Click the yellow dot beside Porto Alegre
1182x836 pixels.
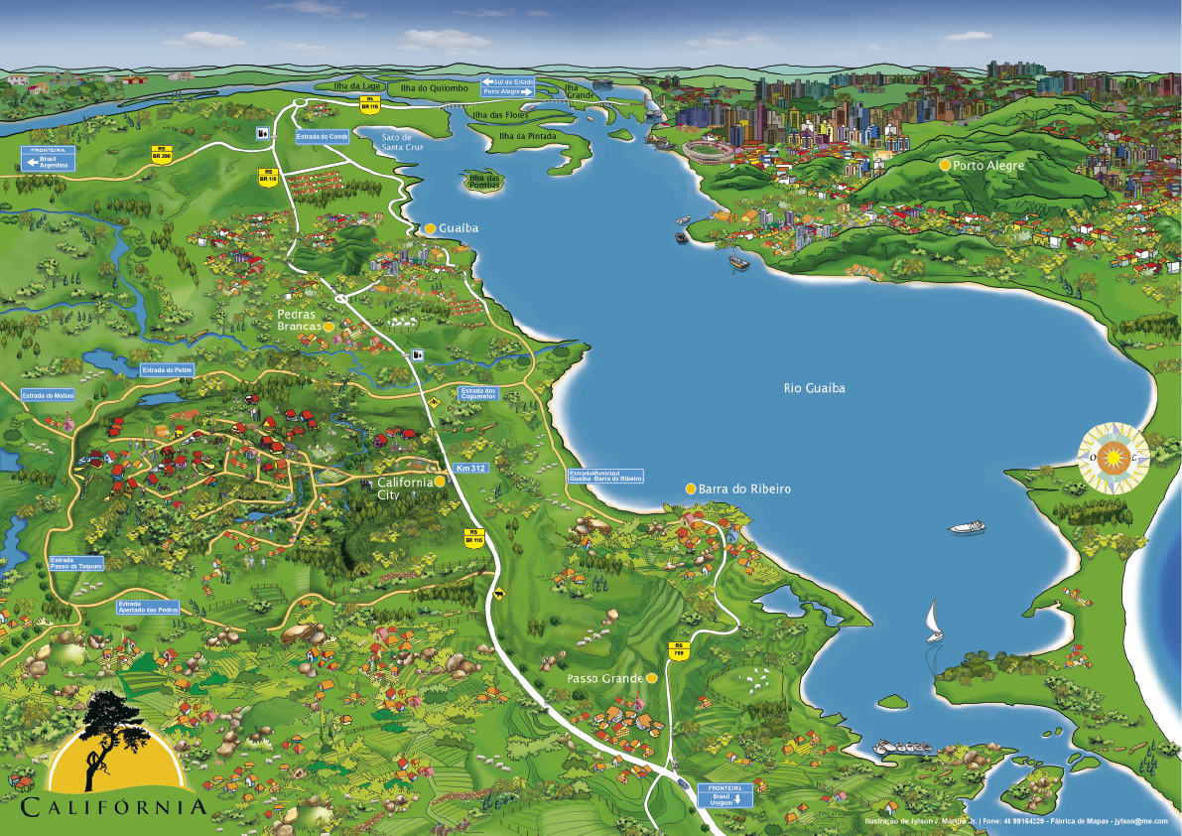pos(945,165)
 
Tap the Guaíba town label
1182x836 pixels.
pos(458,228)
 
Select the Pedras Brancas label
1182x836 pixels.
pos(299,319)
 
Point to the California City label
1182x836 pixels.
pos(405,487)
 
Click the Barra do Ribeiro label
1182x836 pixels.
pos(744,489)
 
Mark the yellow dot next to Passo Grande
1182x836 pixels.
pos(651,678)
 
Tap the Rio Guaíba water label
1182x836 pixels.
pos(814,388)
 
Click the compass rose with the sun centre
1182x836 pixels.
pos(1113,458)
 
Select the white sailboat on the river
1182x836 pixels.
pos(933,621)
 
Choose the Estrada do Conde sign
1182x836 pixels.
pos(323,136)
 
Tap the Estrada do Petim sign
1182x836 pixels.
pos(167,370)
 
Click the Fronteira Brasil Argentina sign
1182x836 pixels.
pos(49,159)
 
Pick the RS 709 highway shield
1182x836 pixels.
pos(679,650)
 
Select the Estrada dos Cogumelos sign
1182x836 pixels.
pos(478,393)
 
